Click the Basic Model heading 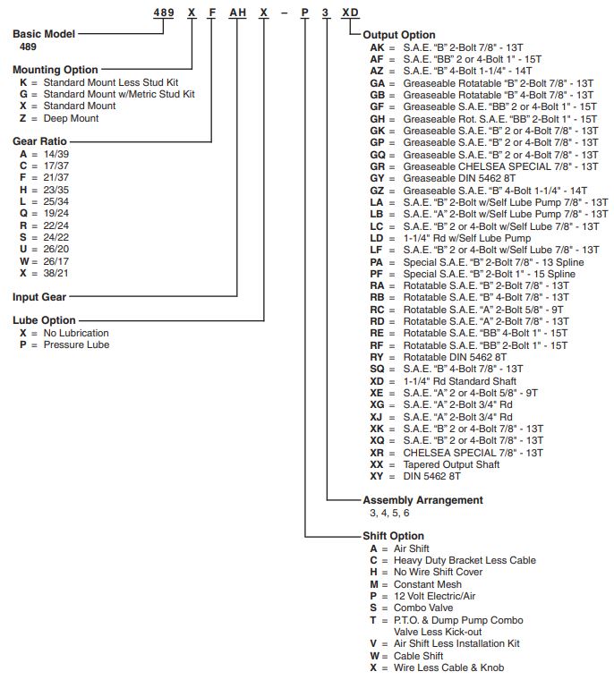coord(44,33)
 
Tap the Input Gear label coord(38,296)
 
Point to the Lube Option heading coord(44,320)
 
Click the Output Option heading coord(399,34)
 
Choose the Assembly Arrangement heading coord(422,500)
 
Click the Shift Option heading coord(393,536)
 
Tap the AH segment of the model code coord(237,15)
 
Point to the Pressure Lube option coord(76,344)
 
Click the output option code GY coord(377,177)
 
